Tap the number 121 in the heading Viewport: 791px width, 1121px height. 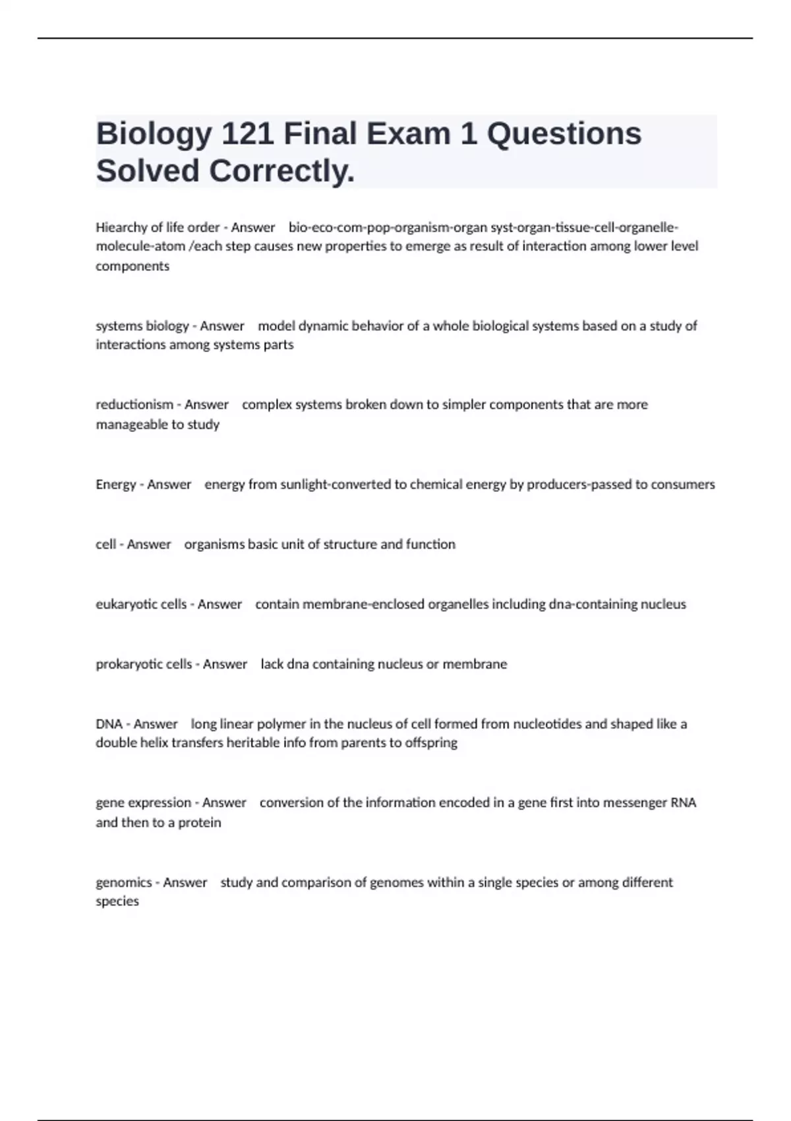pos(248,134)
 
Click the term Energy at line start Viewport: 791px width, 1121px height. pos(115,485)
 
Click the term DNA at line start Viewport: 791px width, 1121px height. pos(109,724)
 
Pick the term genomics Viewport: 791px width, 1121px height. pos(124,882)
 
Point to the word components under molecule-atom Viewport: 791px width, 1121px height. pos(132,266)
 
